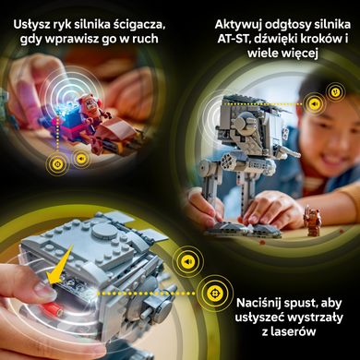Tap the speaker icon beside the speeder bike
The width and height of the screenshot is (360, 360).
click(79, 158)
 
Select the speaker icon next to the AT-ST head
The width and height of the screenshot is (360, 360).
click(315, 103)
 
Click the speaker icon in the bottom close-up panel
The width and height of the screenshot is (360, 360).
click(187, 262)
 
